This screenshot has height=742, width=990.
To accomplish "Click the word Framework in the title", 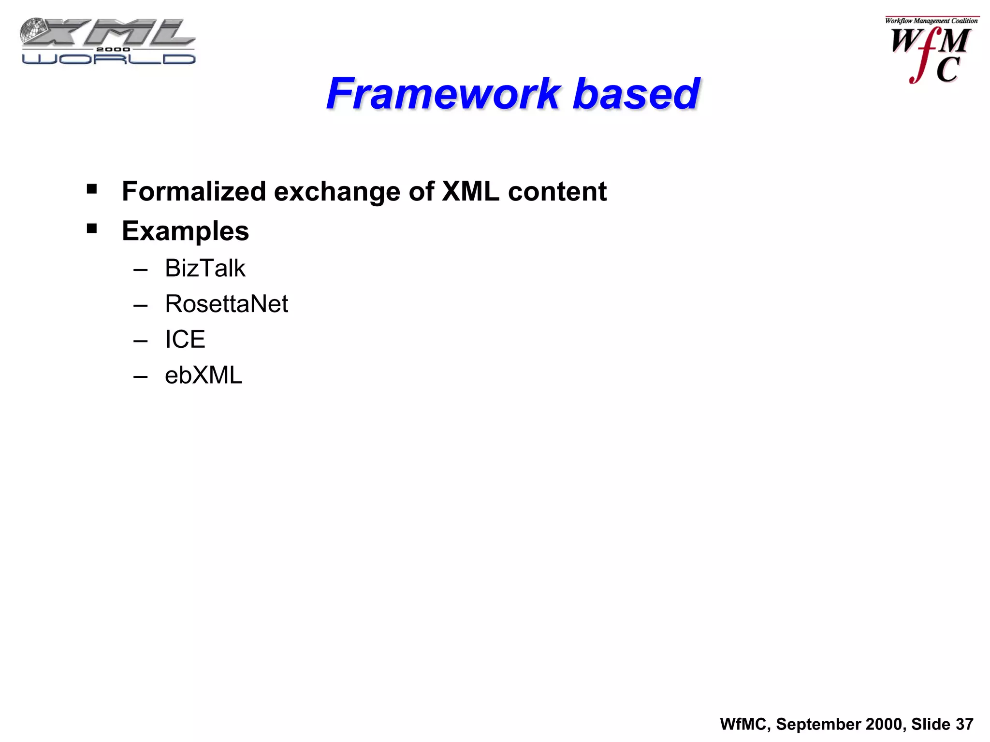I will [x=443, y=94].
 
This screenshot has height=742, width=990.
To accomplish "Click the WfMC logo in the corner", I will [x=931, y=50].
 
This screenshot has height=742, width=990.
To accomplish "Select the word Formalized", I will [x=194, y=191].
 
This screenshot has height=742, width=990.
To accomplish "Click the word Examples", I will [x=185, y=231].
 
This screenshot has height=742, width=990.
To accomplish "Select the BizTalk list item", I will [x=205, y=268].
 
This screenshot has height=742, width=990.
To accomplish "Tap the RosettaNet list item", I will [x=226, y=304].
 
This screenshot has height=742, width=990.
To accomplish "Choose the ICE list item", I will [x=185, y=339].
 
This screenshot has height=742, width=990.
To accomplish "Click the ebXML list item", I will [x=203, y=375].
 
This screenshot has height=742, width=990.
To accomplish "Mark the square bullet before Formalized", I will [x=92, y=189].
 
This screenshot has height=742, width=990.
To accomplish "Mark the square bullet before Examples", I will [x=92, y=228].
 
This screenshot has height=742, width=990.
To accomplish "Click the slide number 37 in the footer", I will [x=964, y=724].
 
